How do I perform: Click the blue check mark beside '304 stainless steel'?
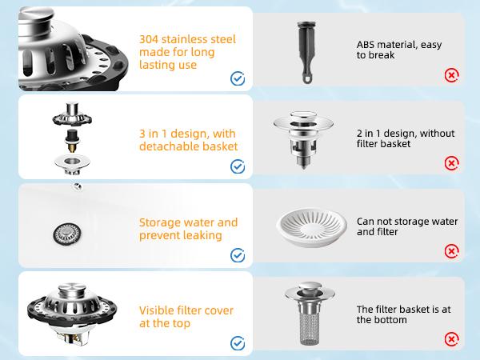pyautogui.click(x=238, y=78)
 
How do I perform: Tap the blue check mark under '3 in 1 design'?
pyautogui.click(x=238, y=166)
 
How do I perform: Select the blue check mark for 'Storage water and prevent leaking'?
pyautogui.click(x=238, y=254)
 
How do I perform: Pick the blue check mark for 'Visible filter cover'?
pyautogui.click(x=238, y=342)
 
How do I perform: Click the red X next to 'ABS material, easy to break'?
pyautogui.click(x=452, y=76)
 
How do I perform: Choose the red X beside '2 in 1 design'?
pyautogui.click(x=452, y=163)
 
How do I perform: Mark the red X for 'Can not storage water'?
pyautogui.click(x=452, y=251)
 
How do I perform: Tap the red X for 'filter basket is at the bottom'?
pyautogui.click(x=452, y=339)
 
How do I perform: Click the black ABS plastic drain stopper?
pyautogui.click(x=307, y=49)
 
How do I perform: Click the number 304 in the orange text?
pyautogui.click(x=149, y=38)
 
